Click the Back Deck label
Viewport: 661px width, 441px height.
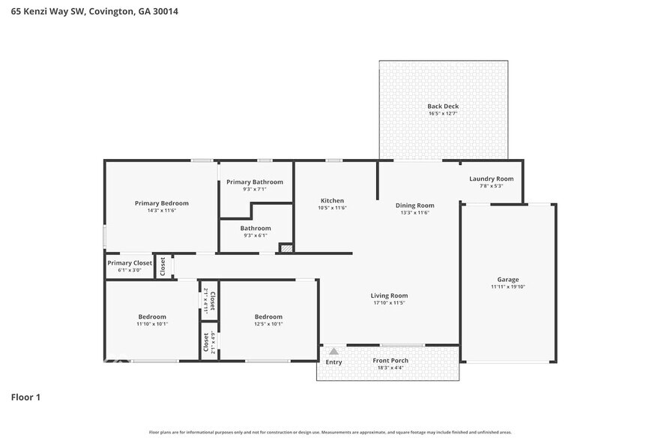tap(443, 106)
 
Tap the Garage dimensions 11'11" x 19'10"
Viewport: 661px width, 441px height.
tap(508, 286)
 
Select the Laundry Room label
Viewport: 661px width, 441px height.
tap(491, 178)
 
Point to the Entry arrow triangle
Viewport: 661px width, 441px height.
tap(333, 351)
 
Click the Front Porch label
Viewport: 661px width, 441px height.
tap(390, 361)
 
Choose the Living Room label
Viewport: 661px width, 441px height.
tap(389, 295)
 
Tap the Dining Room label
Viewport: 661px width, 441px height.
tap(414, 205)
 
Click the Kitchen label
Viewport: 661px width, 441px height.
tap(332, 200)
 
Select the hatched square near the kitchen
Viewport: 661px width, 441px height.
tap(286, 248)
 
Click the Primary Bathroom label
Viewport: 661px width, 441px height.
tap(255, 182)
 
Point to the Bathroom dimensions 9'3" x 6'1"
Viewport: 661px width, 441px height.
tap(256, 235)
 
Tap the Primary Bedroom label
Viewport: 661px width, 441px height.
tap(161, 203)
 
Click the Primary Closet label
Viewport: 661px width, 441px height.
tap(130, 262)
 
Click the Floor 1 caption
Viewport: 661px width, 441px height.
tap(25, 397)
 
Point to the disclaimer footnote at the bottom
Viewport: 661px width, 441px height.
tap(330, 432)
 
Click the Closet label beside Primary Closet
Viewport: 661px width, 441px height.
tap(163, 266)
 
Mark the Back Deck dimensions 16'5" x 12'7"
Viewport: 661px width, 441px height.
tap(443, 114)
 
